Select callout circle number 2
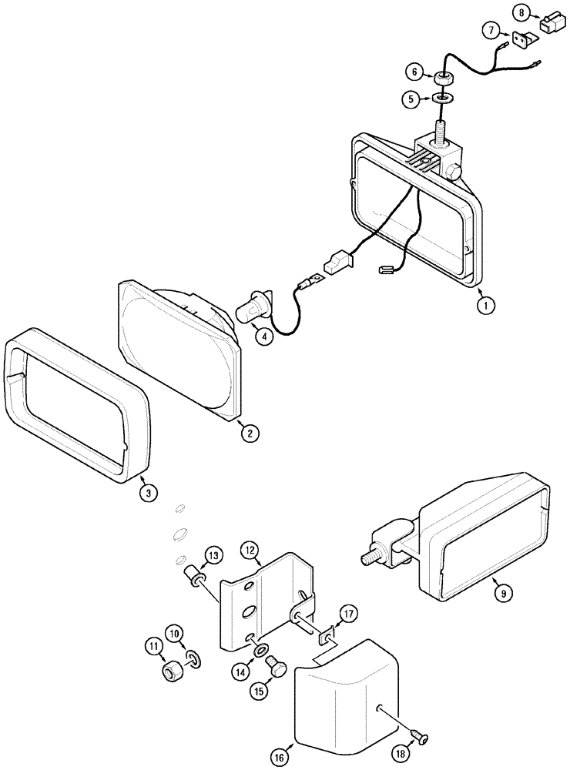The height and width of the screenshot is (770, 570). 249,433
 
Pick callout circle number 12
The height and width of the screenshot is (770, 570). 249,551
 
